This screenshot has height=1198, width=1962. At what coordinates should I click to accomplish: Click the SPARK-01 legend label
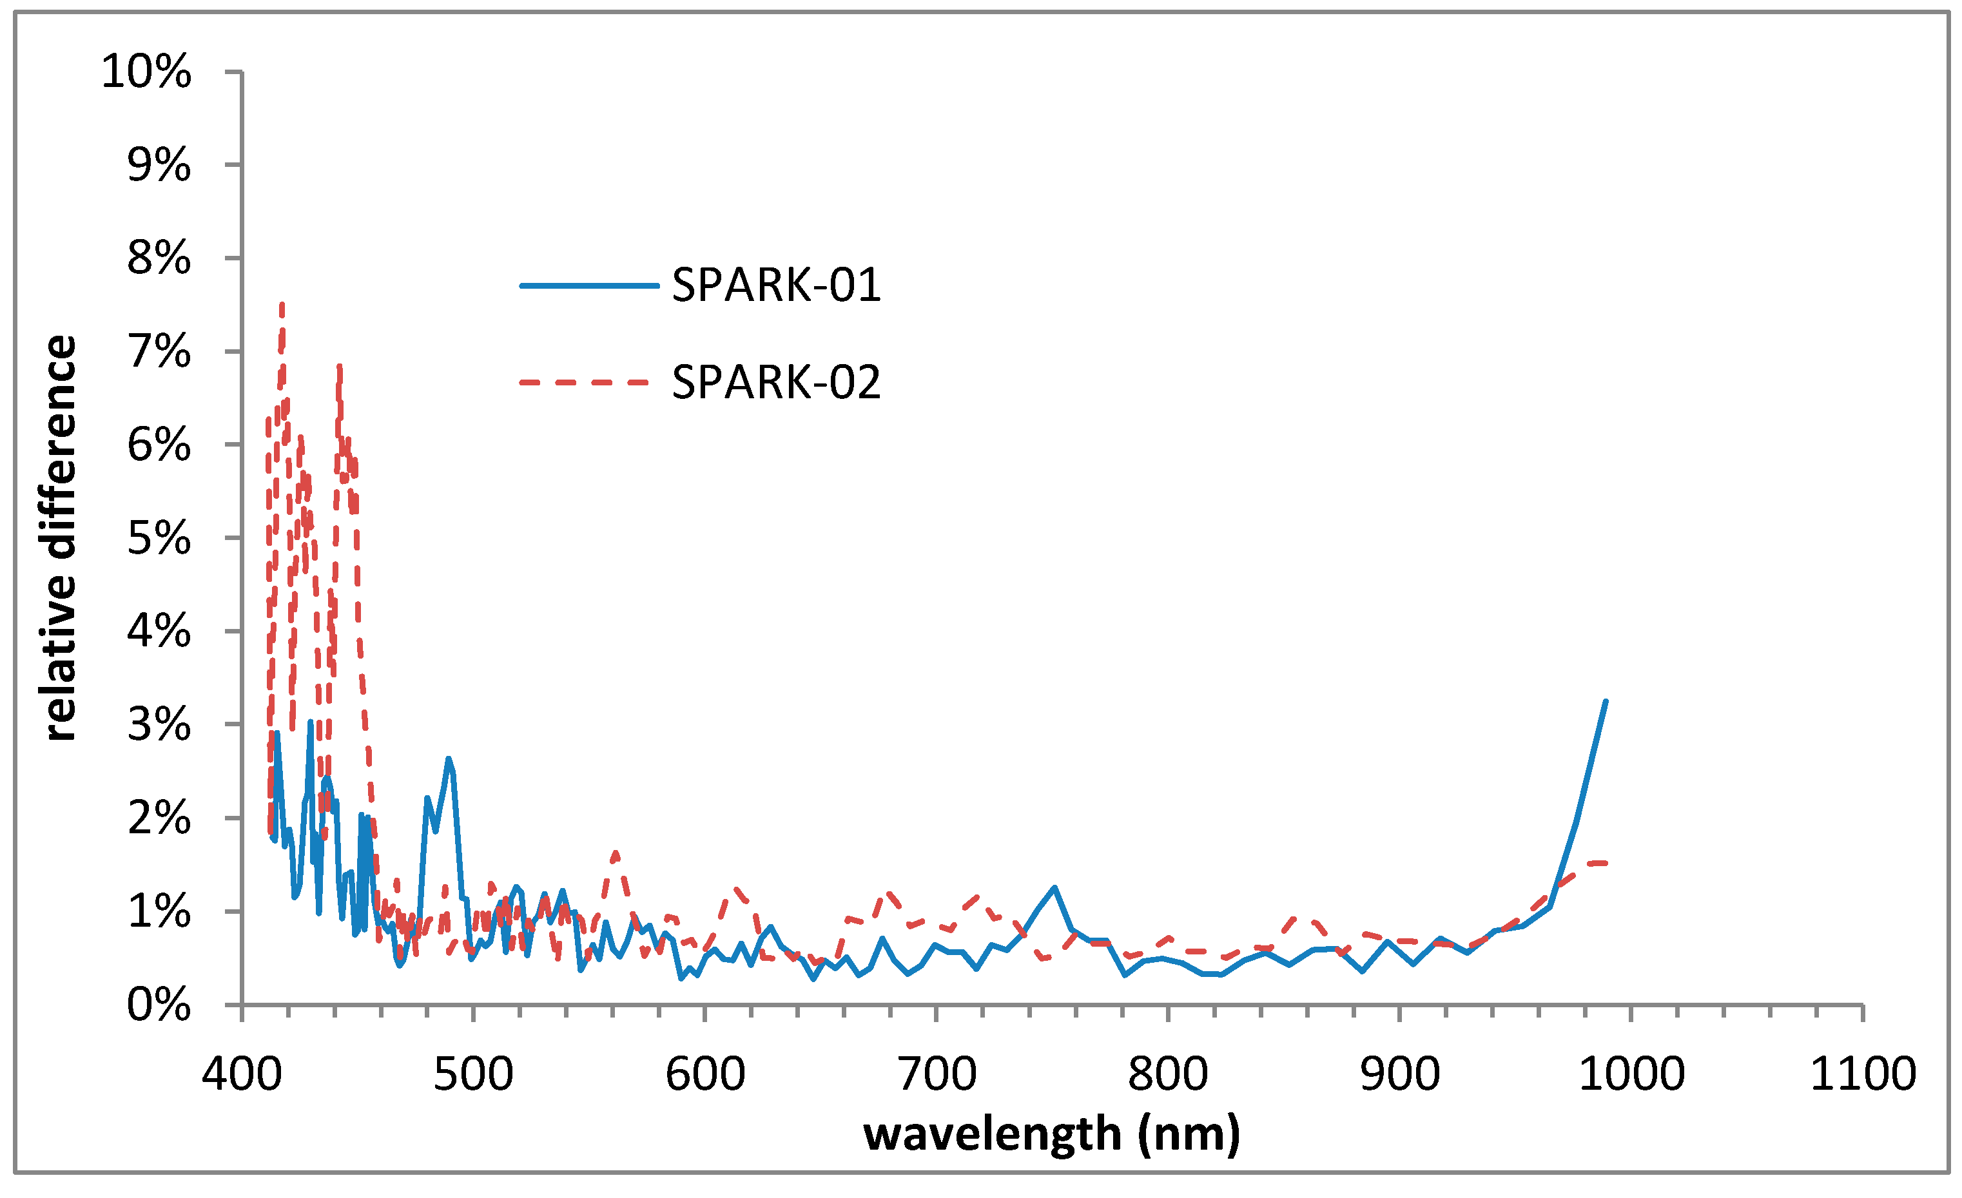[x=777, y=284]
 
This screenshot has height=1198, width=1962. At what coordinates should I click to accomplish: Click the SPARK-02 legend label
[x=777, y=382]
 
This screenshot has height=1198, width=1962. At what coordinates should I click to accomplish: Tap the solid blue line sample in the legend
[x=589, y=285]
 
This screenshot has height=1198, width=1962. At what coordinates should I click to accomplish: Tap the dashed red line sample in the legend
[x=585, y=382]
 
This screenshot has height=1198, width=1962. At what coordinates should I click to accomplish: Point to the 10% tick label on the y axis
[x=146, y=72]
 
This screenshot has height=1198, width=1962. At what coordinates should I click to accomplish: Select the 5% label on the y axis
[x=159, y=539]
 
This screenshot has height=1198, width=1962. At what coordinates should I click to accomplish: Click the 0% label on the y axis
[x=159, y=1005]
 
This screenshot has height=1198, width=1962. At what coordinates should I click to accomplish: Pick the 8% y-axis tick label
[x=159, y=258]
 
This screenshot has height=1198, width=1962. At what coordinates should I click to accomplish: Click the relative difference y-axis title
[x=60, y=538]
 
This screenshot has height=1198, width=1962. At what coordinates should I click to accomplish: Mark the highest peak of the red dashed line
[x=282, y=304]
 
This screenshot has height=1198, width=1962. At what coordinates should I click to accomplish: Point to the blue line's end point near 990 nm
[x=1606, y=701]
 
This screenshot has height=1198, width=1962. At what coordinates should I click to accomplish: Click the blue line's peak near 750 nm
[x=1054, y=887]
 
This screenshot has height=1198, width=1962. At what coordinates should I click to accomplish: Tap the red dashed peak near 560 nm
[x=616, y=853]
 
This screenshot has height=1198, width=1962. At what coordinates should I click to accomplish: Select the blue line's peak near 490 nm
[x=449, y=758]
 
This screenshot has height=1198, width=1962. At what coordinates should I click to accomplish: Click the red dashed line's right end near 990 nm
[x=1606, y=863]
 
